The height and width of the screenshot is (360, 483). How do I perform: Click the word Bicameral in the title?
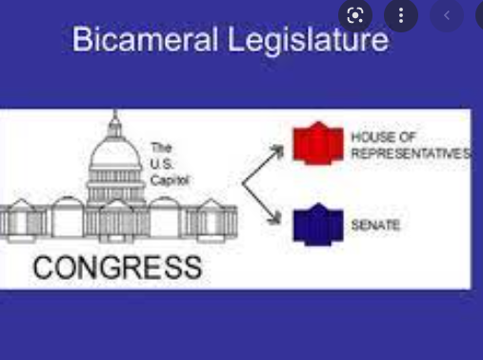click(131, 40)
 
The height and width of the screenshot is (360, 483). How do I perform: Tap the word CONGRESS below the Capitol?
click(116, 267)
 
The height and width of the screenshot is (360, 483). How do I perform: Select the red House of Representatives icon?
click(317, 145)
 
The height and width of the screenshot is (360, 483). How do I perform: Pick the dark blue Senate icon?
click(317, 224)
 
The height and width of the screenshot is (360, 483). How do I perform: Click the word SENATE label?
click(375, 225)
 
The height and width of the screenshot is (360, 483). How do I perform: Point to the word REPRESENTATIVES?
click(410, 153)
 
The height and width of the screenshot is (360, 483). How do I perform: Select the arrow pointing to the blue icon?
click(265, 202)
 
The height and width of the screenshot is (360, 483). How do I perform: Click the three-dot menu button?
click(401, 15)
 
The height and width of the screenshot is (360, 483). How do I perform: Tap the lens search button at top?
click(356, 15)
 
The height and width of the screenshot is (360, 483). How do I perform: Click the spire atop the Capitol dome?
click(115, 120)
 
